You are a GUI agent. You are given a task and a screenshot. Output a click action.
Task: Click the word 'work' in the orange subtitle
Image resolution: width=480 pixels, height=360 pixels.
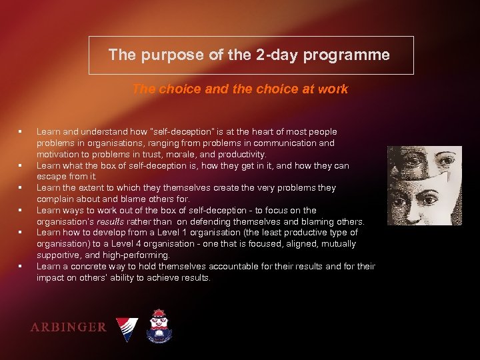pyautogui.click(x=333, y=89)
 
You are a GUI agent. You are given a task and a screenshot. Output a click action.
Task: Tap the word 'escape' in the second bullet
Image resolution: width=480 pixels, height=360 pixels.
pyautogui.click(x=51, y=177)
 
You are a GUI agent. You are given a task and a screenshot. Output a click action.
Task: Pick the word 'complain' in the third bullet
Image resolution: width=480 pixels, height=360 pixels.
pyautogui.click(x=55, y=199)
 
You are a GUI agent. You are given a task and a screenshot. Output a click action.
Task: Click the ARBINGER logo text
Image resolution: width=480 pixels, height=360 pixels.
pyautogui.click(x=68, y=327)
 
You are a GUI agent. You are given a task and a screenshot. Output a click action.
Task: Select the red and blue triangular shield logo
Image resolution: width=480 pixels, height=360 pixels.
pyautogui.click(x=127, y=327)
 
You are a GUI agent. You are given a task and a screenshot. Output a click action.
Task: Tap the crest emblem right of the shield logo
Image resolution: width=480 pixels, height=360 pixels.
pyautogui.click(x=159, y=325)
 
